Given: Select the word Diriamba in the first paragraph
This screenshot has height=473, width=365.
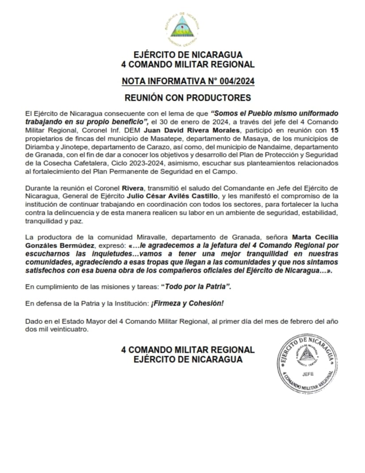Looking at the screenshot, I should [x=38, y=146].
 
